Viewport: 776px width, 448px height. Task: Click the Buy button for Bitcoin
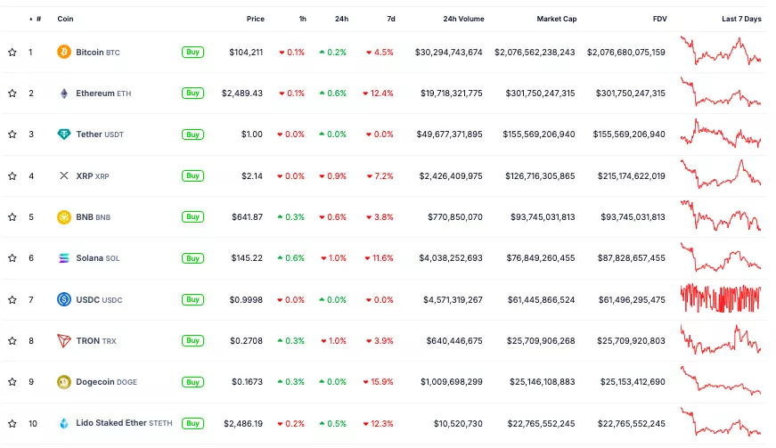(192, 53)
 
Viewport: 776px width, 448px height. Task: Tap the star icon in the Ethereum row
(12, 94)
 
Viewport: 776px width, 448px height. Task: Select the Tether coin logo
(64, 134)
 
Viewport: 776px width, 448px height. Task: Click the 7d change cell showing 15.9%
(379, 382)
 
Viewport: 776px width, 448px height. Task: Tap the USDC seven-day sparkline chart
(721, 298)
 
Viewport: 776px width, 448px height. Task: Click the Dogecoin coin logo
(64, 382)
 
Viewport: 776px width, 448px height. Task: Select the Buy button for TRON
(192, 341)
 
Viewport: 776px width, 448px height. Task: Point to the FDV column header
(659, 19)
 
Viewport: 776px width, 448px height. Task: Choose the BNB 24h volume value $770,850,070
(453, 217)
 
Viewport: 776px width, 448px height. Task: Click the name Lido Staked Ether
(110, 423)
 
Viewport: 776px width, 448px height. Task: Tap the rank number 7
(30, 299)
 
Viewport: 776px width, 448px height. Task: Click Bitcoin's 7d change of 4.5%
(380, 53)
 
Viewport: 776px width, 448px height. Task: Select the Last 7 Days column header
(741, 19)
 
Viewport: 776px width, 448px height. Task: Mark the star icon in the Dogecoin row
(12, 382)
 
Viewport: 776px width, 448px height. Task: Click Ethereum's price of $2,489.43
(242, 94)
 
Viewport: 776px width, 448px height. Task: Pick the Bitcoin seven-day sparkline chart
(721, 51)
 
